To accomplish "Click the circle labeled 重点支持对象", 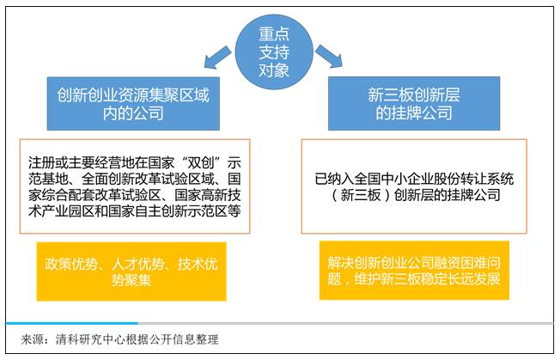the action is (274, 52).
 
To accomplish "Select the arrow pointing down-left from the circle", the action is (217, 58).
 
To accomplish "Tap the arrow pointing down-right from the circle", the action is (329, 56).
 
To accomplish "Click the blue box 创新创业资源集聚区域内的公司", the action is (133, 104).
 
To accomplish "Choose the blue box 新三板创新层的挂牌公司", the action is (414, 104).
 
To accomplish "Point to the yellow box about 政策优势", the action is (131, 272).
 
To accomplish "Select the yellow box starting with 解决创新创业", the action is (414, 271).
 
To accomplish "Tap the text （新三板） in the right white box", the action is (360, 195).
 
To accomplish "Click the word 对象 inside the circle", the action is (274, 70).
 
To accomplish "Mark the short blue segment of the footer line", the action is (72, 323).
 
